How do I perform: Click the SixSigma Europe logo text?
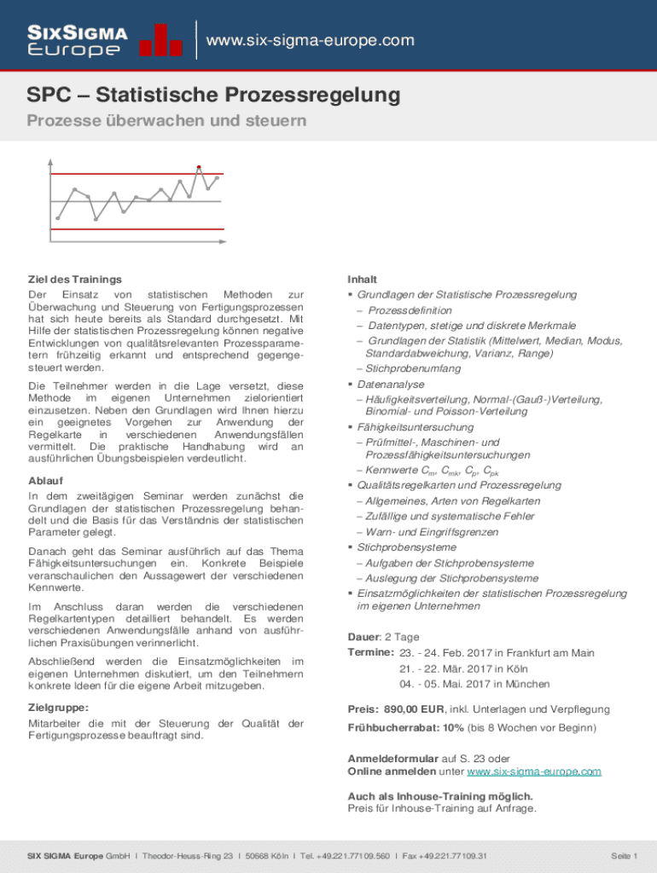78,41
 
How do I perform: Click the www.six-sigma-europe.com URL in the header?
311,41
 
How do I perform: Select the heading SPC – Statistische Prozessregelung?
213,95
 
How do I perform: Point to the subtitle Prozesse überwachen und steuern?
166,121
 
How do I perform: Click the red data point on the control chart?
199,167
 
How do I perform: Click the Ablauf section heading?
45,480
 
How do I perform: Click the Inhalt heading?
362,280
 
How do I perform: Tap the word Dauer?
363,637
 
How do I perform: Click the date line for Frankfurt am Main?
496,653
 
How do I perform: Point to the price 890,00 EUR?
414,708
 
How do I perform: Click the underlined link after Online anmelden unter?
533,772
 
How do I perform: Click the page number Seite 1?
624,855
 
